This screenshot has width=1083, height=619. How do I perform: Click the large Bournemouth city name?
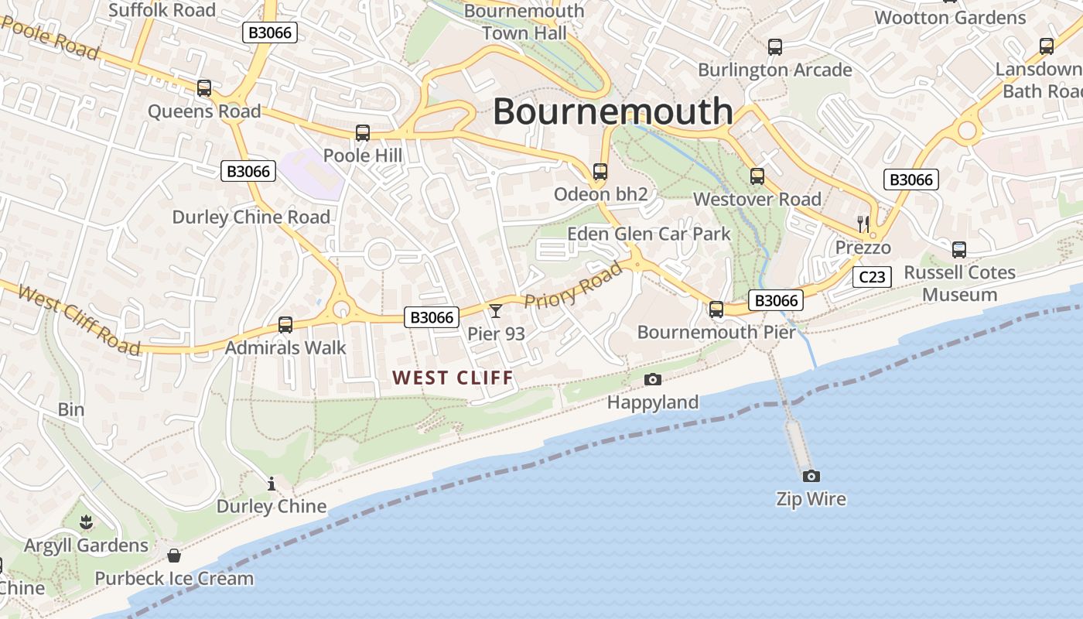pyautogui.click(x=613, y=111)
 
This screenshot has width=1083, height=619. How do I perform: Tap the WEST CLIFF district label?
pyautogui.click(x=453, y=378)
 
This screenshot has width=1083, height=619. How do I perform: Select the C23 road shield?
pyautogui.click(x=872, y=277)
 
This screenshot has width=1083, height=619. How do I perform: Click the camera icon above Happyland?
pyautogui.click(x=653, y=379)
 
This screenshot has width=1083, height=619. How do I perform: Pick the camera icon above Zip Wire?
pyautogui.click(x=811, y=476)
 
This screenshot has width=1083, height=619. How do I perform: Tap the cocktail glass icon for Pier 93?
pyautogui.click(x=496, y=310)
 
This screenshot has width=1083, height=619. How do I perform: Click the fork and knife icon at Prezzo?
pyautogui.click(x=863, y=224)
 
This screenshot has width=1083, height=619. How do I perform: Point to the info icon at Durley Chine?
pyautogui.click(x=272, y=484)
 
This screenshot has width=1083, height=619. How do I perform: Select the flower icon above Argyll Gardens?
pyautogui.click(x=86, y=523)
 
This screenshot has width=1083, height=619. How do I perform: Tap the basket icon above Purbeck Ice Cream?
pyautogui.click(x=174, y=556)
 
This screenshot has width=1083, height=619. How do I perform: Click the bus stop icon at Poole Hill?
pyautogui.click(x=363, y=133)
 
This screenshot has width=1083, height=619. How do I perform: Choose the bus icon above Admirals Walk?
pyautogui.click(x=285, y=325)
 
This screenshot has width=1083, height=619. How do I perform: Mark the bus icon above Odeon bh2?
pyautogui.click(x=600, y=172)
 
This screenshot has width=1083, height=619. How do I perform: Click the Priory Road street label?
pyautogui.click(x=572, y=286)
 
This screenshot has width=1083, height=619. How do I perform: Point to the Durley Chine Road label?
pyautogui.click(x=251, y=217)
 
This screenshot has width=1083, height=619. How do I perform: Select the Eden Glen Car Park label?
pyautogui.click(x=648, y=234)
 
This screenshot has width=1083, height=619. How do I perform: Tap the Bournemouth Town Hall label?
pyautogui.click(x=524, y=22)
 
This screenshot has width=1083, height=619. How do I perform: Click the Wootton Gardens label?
pyautogui.click(x=950, y=17)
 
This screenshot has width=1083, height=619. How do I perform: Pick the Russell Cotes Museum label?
pyautogui.click(x=959, y=283)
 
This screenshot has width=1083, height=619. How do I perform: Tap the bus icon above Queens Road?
pyautogui.click(x=204, y=88)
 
